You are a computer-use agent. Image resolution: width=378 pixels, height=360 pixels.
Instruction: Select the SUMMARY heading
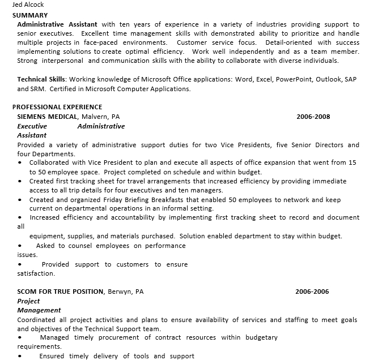pos(30,15)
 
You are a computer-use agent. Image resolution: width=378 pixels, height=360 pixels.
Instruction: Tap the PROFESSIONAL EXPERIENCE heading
pos(57,107)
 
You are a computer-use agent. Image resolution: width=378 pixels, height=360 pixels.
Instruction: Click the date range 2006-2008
pos(313,117)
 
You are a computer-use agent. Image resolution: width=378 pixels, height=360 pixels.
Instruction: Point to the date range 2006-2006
pos(312,292)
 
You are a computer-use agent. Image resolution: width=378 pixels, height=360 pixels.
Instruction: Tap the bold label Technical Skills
pos(42,80)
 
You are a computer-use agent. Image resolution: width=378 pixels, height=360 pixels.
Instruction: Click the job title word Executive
pos(32,126)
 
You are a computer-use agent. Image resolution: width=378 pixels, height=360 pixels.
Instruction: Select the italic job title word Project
pos(29,301)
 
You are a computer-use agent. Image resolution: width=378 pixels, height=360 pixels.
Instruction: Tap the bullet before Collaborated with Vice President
pos(20,163)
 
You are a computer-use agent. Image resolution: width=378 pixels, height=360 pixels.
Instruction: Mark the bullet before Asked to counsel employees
pos(20,246)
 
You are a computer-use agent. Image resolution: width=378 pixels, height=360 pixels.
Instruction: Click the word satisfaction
pos(36,274)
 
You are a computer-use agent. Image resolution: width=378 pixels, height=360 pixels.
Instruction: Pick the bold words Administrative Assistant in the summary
pos(57,25)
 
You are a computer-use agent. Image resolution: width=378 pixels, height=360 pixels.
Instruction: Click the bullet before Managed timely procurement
pos(20,338)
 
